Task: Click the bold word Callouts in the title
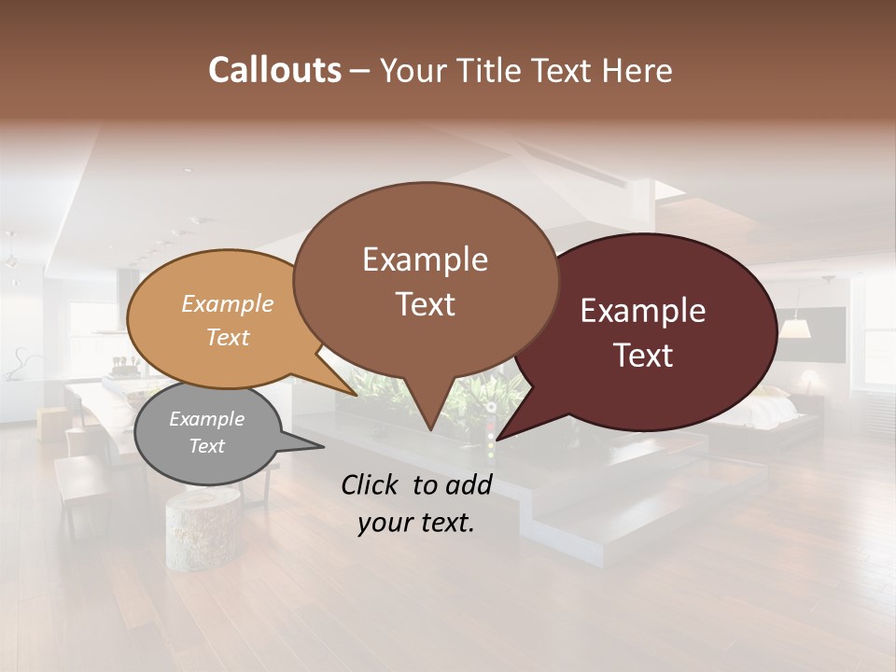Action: click(x=274, y=70)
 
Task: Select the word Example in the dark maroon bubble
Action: click(x=643, y=311)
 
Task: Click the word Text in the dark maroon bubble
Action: click(x=643, y=355)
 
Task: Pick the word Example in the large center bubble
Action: click(x=425, y=259)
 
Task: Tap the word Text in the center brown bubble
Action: click(x=425, y=304)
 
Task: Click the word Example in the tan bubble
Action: click(x=228, y=303)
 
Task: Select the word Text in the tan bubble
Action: click(x=228, y=337)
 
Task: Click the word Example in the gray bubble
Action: click(x=207, y=419)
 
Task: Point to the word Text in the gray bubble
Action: click(x=207, y=446)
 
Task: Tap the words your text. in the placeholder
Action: click(x=416, y=523)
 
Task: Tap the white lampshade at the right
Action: click(x=794, y=328)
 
